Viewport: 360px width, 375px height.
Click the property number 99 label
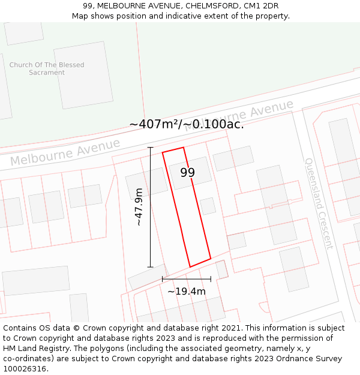click(188, 172)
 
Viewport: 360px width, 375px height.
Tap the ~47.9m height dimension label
click(139, 207)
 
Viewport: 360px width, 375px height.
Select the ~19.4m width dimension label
click(186, 292)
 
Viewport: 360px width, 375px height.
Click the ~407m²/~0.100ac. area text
click(186, 124)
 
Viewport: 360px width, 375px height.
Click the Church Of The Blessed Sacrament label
click(47, 68)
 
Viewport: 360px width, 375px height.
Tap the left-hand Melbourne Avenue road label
click(65, 152)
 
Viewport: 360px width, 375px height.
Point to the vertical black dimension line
click(150, 207)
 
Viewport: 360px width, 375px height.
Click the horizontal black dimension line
click(186, 279)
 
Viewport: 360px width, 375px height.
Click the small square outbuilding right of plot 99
click(208, 206)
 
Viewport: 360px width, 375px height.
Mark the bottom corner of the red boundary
click(190, 267)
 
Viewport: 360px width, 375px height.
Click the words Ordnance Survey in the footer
click(313, 358)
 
